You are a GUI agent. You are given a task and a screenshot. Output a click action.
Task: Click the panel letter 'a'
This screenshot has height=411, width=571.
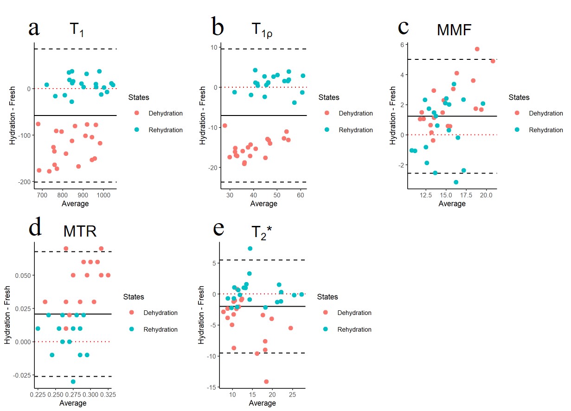coord(33,29)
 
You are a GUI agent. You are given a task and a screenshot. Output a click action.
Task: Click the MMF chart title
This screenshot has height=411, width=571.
coord(454,30)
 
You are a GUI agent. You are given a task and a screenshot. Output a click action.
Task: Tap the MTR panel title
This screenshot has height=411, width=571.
coord(80,231)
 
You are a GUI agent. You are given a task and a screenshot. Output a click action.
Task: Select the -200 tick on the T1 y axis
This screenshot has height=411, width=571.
coord(24,182)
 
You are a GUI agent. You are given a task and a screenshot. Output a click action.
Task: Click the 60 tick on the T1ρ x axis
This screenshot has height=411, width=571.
coord(300,195)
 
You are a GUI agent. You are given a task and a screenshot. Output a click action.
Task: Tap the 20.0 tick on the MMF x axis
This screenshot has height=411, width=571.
coord(486,195)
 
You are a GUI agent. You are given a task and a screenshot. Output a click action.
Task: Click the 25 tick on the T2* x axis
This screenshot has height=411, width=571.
coord(292,395)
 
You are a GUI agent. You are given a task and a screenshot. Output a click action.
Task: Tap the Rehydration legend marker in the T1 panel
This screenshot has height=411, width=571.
coord(136,130)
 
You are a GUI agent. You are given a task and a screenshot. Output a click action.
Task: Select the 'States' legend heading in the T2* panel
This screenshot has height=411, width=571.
coord(327,297)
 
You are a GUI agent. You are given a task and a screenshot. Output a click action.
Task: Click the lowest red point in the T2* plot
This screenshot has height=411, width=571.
coord(266,382)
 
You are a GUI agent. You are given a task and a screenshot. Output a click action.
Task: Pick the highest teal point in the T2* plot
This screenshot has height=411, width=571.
coord(250,249)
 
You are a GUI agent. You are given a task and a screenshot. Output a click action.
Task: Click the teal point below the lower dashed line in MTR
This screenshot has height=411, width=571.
coord(73,382)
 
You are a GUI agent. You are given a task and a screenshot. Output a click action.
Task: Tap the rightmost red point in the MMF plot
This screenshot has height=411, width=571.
coord(493,61)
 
